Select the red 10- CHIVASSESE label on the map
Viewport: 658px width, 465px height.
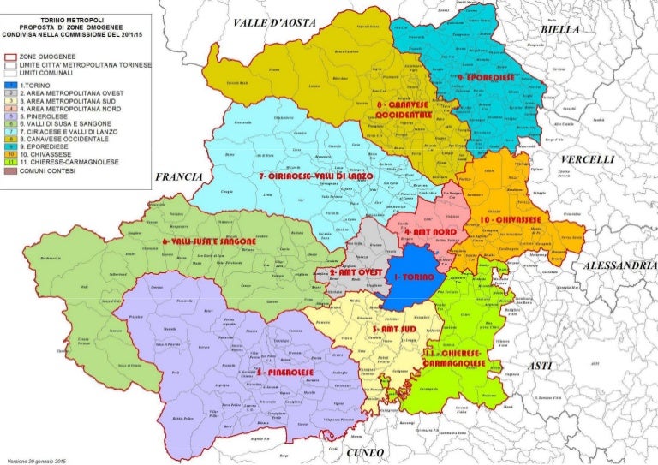point(511,220)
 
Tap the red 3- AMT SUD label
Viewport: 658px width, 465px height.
point(396,328)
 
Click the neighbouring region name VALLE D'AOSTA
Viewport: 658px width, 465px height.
point(267,23)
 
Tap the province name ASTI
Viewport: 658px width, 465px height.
point(541,365)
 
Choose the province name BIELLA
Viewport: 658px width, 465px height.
point(561,29)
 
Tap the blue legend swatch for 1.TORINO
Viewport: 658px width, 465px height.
point(8,85)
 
